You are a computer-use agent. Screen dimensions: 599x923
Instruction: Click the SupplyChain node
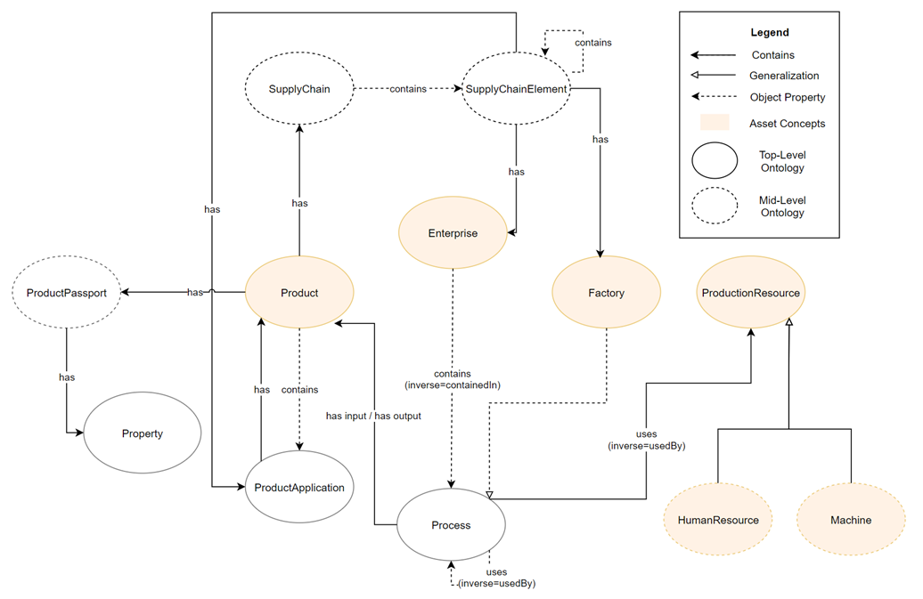coord(299,89)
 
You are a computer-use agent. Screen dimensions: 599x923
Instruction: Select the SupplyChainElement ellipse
coord(517,89)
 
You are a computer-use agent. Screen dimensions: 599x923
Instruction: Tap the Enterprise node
coord(453,233)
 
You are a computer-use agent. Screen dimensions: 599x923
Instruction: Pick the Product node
coord(299,293)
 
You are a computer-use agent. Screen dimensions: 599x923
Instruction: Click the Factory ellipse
coord(606,293)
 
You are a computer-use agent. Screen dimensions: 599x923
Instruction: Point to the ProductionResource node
coord(750,293)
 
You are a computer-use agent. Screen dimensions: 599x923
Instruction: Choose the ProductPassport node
coord(66,293)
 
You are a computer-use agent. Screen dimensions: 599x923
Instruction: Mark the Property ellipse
coord(143,433)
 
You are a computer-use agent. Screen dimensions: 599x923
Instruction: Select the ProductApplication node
coord(299,487)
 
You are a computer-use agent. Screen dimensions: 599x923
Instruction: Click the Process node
coord(451,525)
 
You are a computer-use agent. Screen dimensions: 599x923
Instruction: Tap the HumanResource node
coord(718,520)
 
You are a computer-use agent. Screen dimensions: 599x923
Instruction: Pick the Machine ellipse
coord(850,520)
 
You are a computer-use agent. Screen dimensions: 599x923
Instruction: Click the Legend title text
coord(770,33)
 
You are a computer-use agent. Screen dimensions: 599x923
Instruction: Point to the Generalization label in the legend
coord(784,77)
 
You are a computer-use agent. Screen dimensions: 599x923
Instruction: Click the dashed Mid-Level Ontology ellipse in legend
coord(714,206)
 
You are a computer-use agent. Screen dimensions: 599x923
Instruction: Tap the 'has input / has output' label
coord(373,416)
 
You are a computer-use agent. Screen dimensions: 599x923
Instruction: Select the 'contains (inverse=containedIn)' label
coord(453,380)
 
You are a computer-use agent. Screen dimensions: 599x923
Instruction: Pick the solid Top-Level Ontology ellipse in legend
coord(714,161)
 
